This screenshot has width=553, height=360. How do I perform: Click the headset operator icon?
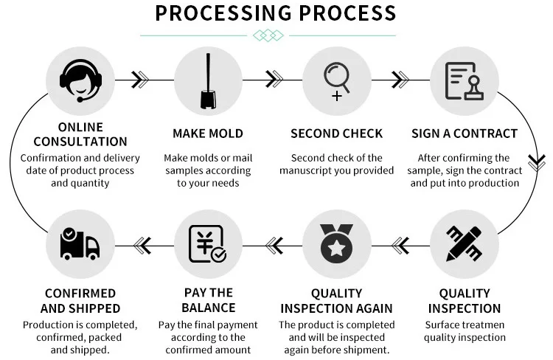coord(80,78)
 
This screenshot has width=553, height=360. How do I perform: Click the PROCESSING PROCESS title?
coord(276,13)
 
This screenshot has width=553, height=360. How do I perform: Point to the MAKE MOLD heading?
coord(208,134)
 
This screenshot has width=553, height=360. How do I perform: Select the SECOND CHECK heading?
coord(337,134)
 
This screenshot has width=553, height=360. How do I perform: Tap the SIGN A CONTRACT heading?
coord(465,134)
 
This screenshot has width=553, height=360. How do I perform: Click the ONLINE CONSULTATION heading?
coord(80,134)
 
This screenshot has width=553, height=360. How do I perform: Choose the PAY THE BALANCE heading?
coord(209,300)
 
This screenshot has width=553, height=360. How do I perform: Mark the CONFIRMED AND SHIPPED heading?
coord(80,300)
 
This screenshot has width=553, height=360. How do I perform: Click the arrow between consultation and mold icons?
coord(140,78)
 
